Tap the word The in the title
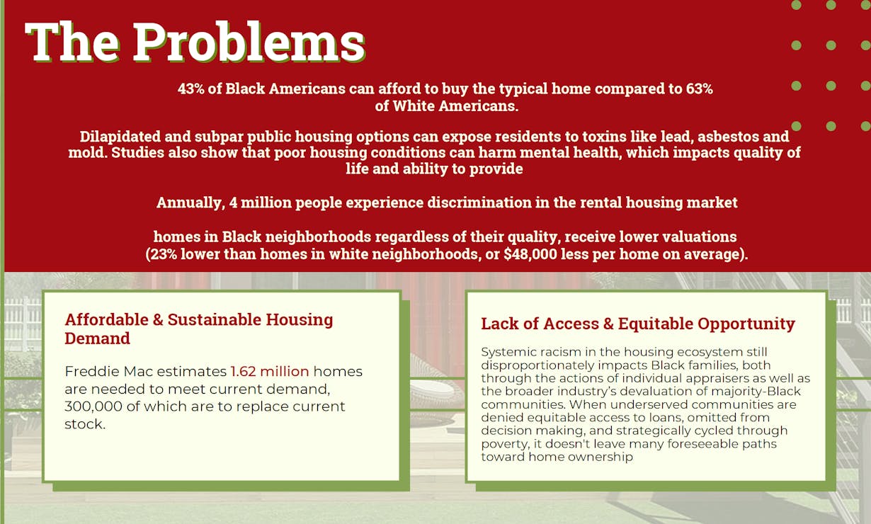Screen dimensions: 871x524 [x=72, y=42]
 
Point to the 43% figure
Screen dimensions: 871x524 [x=191, y=89]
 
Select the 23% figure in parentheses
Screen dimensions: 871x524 [x=164, y=254]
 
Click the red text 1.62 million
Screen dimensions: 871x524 [x=270, y=372]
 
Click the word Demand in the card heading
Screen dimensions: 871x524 [x=97, y=338]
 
